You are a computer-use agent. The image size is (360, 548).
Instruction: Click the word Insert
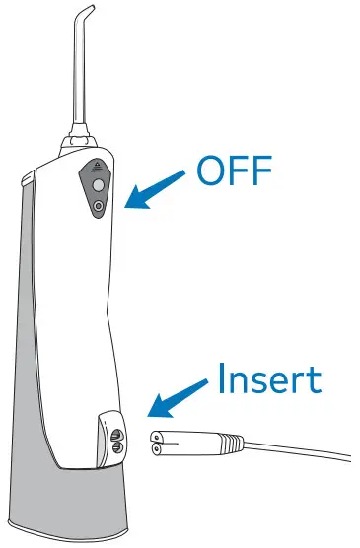click(268, 378)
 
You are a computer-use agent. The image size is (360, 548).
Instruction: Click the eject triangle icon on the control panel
click(96, 168)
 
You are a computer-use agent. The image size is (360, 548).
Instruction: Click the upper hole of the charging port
click(117, 432)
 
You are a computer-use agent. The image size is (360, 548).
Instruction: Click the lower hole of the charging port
click(117, 447)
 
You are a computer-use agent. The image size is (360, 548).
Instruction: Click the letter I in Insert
click(220, 378)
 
